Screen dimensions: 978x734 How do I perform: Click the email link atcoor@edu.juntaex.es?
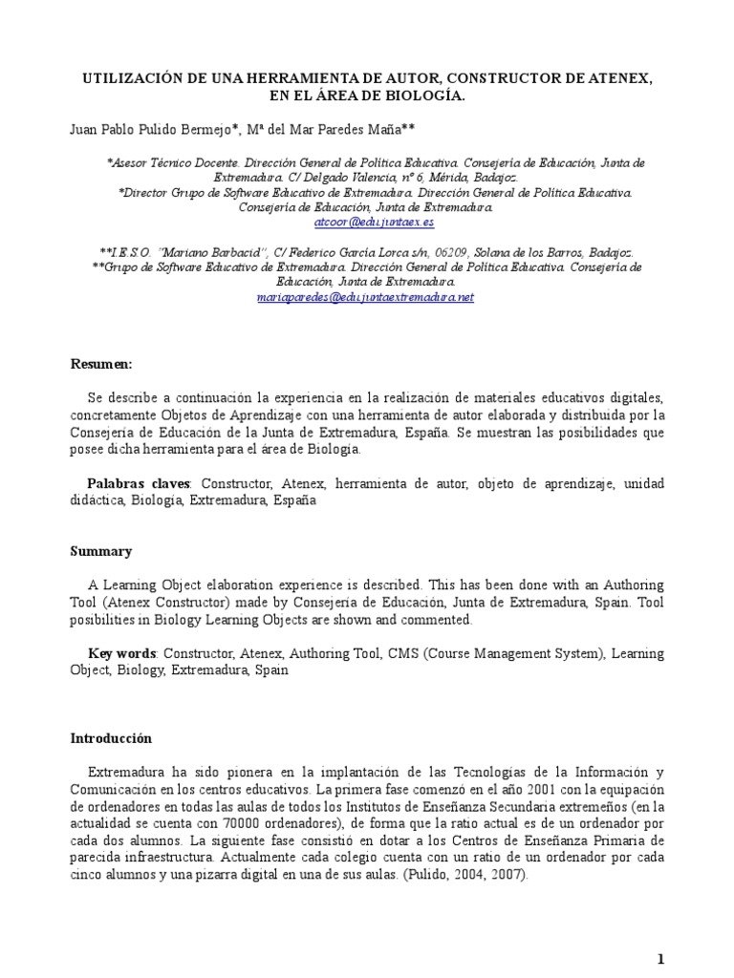[x=375, y=221]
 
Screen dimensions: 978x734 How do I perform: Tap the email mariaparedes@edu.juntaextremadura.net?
[x=366, y=297]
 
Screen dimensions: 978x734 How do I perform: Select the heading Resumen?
[x=102, y=365]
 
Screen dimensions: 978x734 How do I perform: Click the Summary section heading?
[x=101, y=551]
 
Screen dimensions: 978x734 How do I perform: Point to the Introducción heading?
[x=112, y=738]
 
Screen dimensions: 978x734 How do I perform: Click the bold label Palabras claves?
[x=140, y=484]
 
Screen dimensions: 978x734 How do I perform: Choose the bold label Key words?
[x=122, y=655]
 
